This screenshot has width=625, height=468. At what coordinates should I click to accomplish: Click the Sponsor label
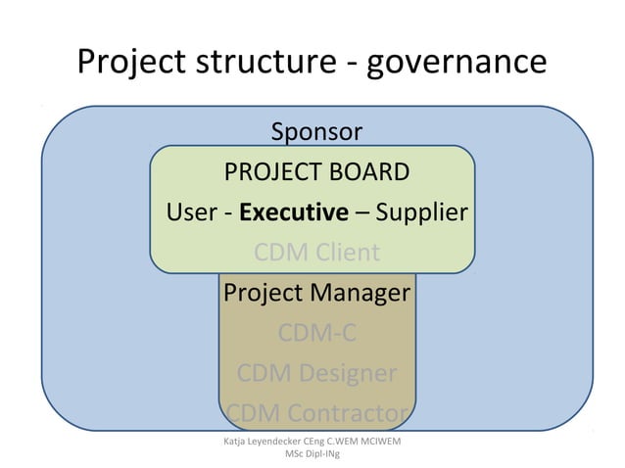[316, 131]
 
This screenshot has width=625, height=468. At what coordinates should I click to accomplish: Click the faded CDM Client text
[316, 253]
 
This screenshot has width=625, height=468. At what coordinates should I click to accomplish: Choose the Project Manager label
[316, 293]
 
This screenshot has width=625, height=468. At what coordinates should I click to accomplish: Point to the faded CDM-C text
[316, 333]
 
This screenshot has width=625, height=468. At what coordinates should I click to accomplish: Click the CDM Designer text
[316, 373]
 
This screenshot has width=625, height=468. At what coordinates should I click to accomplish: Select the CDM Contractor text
[316, 413]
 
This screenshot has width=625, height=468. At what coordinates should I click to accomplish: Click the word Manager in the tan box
[363, 293]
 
